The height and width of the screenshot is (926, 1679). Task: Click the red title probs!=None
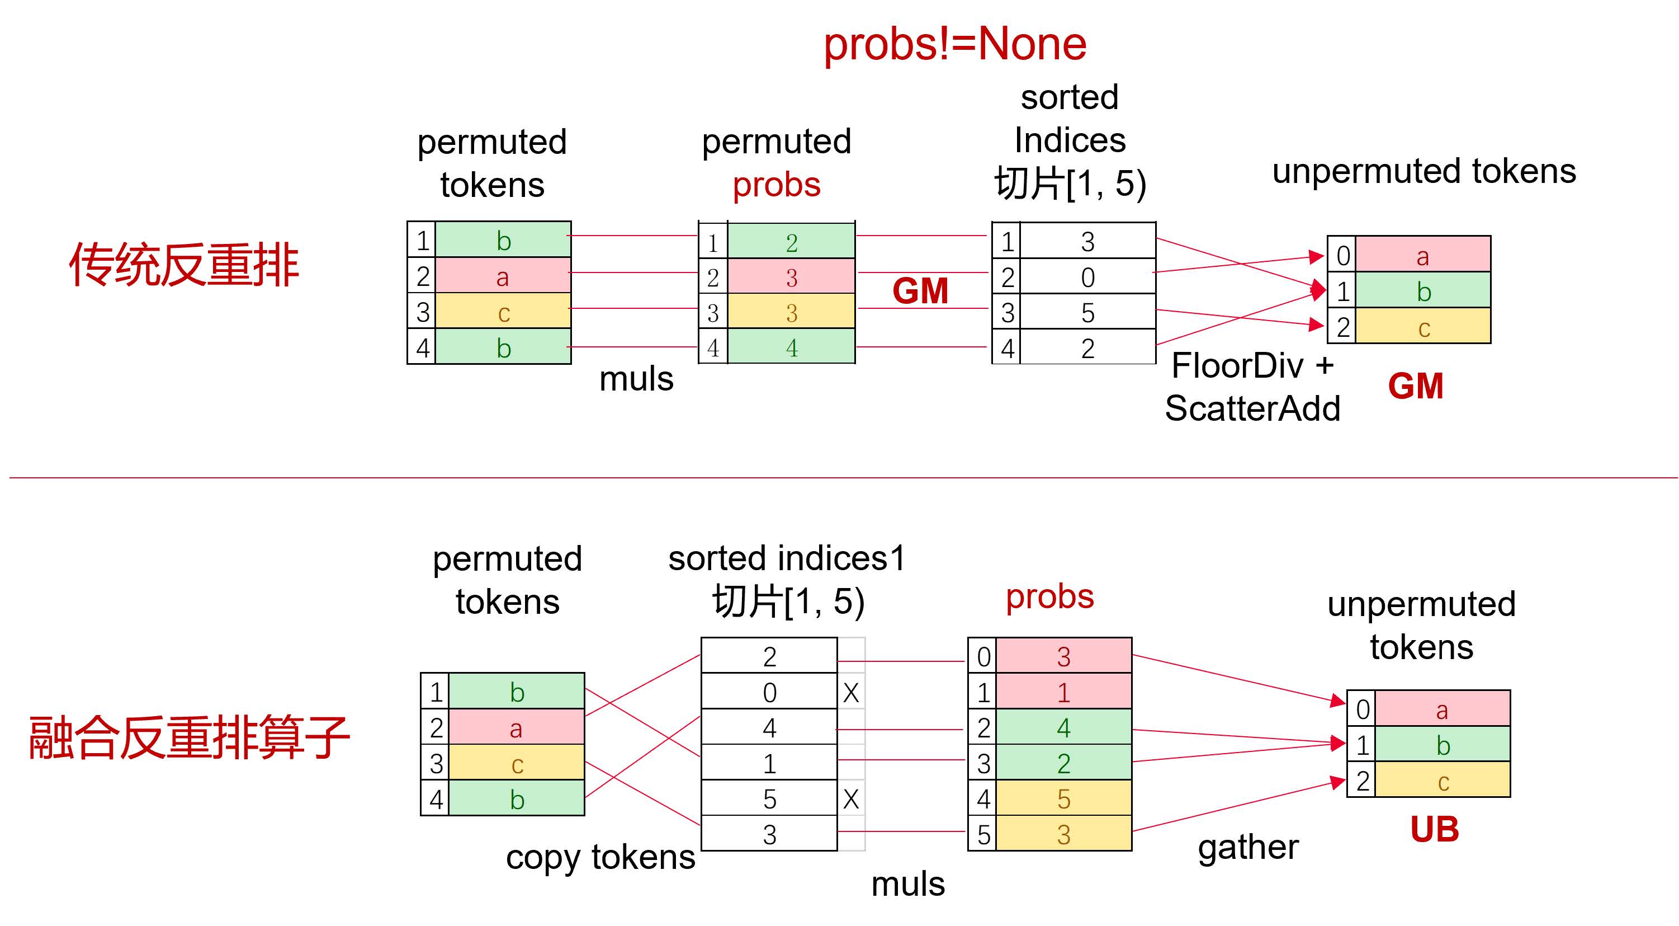(955, 44)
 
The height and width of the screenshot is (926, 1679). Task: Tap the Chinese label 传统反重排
(184, 265)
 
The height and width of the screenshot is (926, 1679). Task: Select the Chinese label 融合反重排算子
(190, 737)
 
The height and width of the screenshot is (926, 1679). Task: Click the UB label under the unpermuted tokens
(1435, 830)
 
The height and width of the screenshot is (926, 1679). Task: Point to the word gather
(1248, 848)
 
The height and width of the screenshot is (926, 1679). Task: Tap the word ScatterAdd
(1252, 409)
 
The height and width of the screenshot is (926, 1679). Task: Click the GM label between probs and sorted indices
(920, 291)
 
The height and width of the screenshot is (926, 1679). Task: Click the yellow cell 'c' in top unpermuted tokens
(1423, 326)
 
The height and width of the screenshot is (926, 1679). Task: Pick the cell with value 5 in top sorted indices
(1088, 312)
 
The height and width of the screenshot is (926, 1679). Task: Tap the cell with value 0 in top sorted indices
(1088, 276)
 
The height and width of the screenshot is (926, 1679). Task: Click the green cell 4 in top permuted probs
(791, 346)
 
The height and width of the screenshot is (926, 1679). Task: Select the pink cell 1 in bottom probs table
(1064, 691)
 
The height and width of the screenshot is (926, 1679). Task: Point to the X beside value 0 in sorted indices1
(850, 692)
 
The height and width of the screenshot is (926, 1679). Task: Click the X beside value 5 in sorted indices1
(850, 798)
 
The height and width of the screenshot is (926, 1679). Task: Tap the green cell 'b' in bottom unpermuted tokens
(1443, 745)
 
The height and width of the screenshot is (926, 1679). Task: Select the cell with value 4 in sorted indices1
(769, 727)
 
